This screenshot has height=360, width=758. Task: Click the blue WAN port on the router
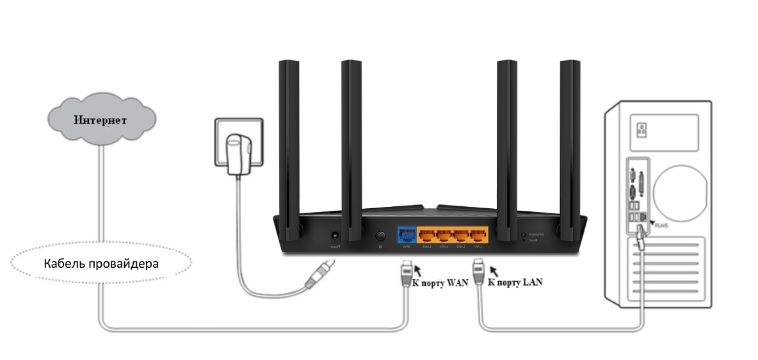(407, 234)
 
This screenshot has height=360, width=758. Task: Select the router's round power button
(381, 236)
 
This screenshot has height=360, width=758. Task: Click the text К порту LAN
(515, 281)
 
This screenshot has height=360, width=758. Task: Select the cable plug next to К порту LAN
(478, 272)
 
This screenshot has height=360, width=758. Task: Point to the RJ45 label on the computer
(658, 225)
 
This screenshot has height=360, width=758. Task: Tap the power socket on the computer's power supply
(638, 130)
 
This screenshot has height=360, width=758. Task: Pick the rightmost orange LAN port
(478, 235)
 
